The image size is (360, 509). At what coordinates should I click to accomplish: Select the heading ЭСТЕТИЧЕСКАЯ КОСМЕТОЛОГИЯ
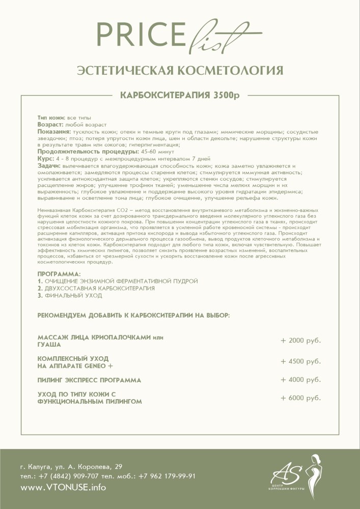coord(180,70)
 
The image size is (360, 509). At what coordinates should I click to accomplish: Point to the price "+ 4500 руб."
coord(300,361)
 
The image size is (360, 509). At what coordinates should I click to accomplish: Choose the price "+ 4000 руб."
coord(300,380)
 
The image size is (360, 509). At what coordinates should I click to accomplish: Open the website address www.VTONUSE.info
coord(63,488)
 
